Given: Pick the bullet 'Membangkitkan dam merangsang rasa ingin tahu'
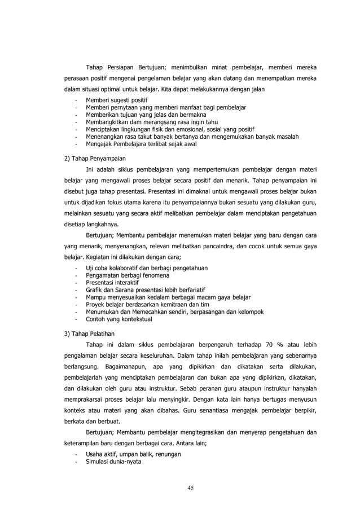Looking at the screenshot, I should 151,121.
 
